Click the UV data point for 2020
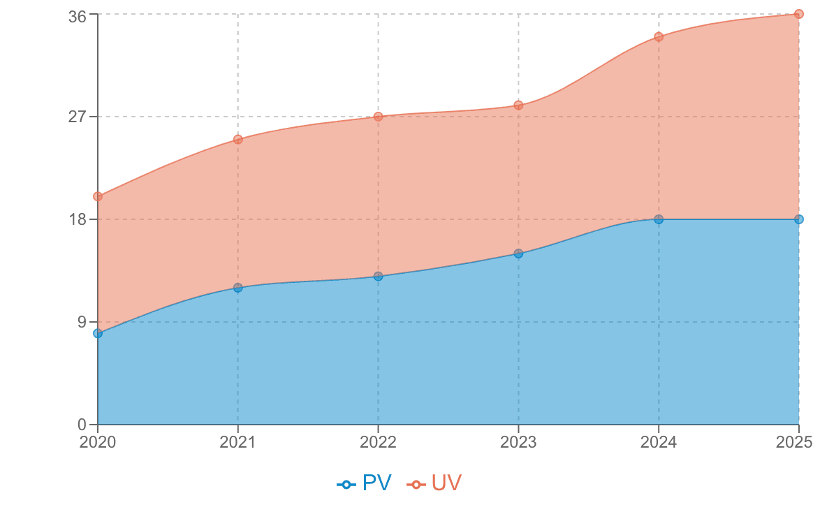pyautogui.click(x=98, y=196)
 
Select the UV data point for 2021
pyautogui.click(x=238, y=138)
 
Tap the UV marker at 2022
pyautogui.click(x=378, y=116)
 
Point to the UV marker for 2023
pyautogui.click(x=518, y=105)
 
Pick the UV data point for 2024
pyautogui.click(x=659, y=36)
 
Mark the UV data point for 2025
pyautogui.click(x=798, y=14)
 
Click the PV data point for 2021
pyautogui.click(x=238, y=287)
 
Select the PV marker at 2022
pyautogui.click(x=378, y=276)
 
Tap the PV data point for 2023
pyautogui.click(x=518, y=253)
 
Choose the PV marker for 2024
pyautogui.click(x=659, y=219)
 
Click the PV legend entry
pyautogui.click(x=365, y=483)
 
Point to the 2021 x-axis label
pyautogui.click(x=238, y=442)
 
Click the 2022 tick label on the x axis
pyautogui.click(x=378, y=442)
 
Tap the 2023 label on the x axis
pyautogui.click(x=518, y=442)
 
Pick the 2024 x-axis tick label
pyautogui.click(x=659, y=442)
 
